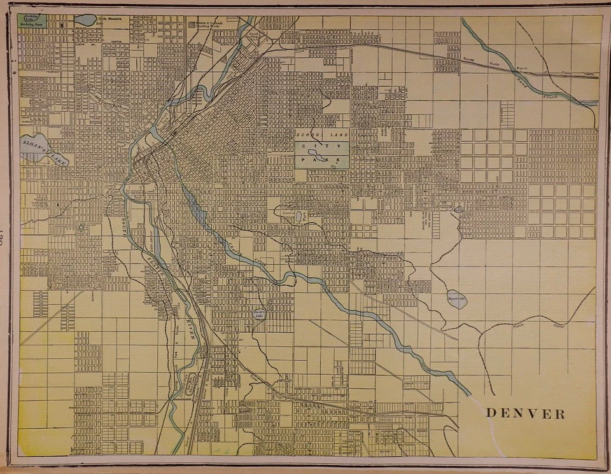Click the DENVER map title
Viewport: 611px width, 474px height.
click(x=525, y=414)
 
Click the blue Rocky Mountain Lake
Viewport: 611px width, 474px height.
click(x=85, y=20)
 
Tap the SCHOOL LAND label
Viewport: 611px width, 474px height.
click(x=321, y=136)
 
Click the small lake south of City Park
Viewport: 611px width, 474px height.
click(x=298, y=216)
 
